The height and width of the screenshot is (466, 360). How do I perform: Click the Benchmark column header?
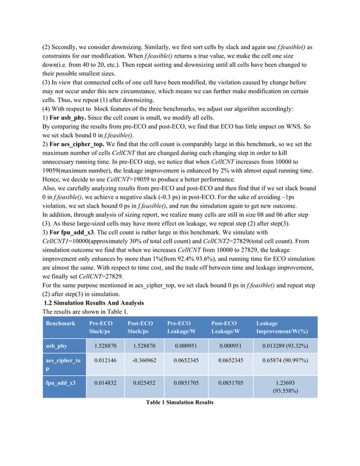coord(60,323)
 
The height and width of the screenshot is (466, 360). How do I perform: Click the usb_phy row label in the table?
coord(56,345)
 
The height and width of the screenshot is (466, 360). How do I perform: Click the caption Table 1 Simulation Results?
coord(179,402)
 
